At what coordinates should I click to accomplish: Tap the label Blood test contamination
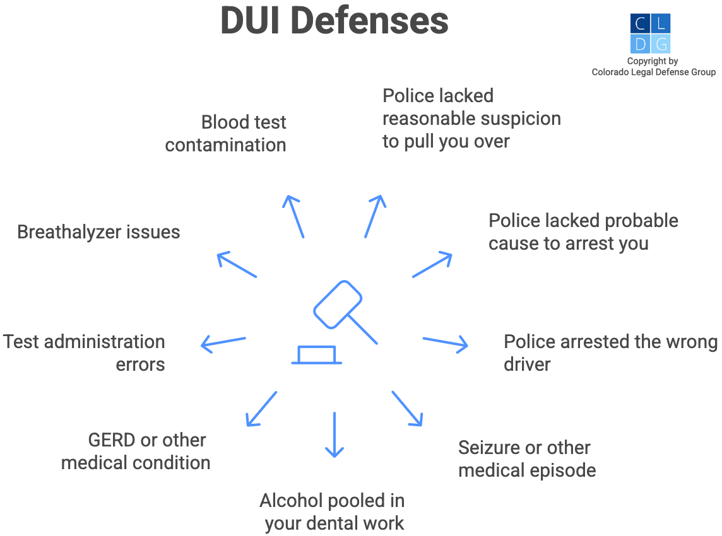pyautogui.click(x=226, y=134)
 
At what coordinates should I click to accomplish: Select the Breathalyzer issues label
pyautogui.click(x=98, y=232)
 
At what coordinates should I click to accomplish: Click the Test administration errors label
pyautogui.click(x=84, y=353)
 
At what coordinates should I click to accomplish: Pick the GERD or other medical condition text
pyautogui.click(x=136, y=452)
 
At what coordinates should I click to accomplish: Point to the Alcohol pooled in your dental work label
pyautogui.click(x=333, y=512)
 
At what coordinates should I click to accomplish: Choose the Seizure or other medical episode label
pyautogui.click(x=526, y=459)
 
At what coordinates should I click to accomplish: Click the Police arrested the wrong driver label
pyautogui.click(x=610, y=353)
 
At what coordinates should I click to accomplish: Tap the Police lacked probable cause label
pyautogui.click(x=583, y=232)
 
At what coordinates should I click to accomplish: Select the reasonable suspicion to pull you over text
pyautogui.click(x=471, y=119)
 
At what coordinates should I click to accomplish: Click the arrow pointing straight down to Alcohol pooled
pyautogui.click(x=334, y=434)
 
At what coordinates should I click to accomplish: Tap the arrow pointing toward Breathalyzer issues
pyautogui.click(x=237, y=265)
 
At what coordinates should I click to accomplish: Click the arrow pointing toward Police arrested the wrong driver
pyautogui.click(x=446, y=342)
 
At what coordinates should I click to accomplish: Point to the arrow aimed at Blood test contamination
pyautogui.click(x=294, y=216)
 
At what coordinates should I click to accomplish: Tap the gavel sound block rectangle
pyautogui.click(x=317, y=355)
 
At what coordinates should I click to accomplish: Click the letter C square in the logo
pyautogui.click(x=640, y=24)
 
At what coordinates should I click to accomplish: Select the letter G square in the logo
pyautogui.click(x=660, y=44)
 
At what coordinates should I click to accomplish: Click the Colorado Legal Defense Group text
pyautogui.click(x=653, y=73)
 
